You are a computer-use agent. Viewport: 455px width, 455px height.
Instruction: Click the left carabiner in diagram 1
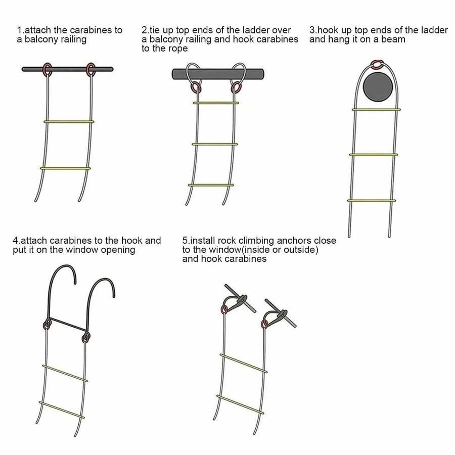[x=43, y=69]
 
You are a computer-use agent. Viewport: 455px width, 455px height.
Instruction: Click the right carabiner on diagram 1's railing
[x=87, y=70]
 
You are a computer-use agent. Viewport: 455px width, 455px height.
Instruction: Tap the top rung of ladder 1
[x=69, y=121]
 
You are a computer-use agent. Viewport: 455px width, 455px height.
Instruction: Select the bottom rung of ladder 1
[x=65, y=168]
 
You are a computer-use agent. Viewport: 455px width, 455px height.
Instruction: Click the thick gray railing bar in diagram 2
[x=218, y=74]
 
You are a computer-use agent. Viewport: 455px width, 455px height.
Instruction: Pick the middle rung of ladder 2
[x=215, y=144]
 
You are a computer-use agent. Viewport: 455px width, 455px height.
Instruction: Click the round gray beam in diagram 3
[x=378, y=87]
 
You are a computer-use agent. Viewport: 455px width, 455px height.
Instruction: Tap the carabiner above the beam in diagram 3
[x=377, y=62]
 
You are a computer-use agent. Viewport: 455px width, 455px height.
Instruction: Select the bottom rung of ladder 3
[x=372, y=201]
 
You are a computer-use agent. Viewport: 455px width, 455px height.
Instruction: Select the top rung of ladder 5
[x=244, y=363]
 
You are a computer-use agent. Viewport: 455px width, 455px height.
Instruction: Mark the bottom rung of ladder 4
[x=62, y=409]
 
